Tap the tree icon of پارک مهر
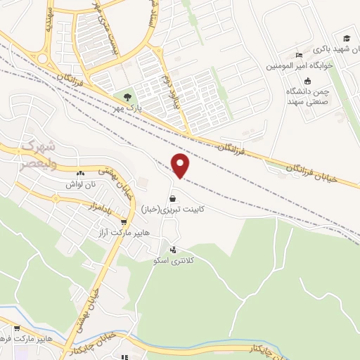[127, 98]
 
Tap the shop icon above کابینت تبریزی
[173, 198]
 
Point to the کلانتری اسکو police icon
[173, 250]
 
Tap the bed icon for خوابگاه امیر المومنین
[299, 55]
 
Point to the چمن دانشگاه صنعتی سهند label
[307, 96]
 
